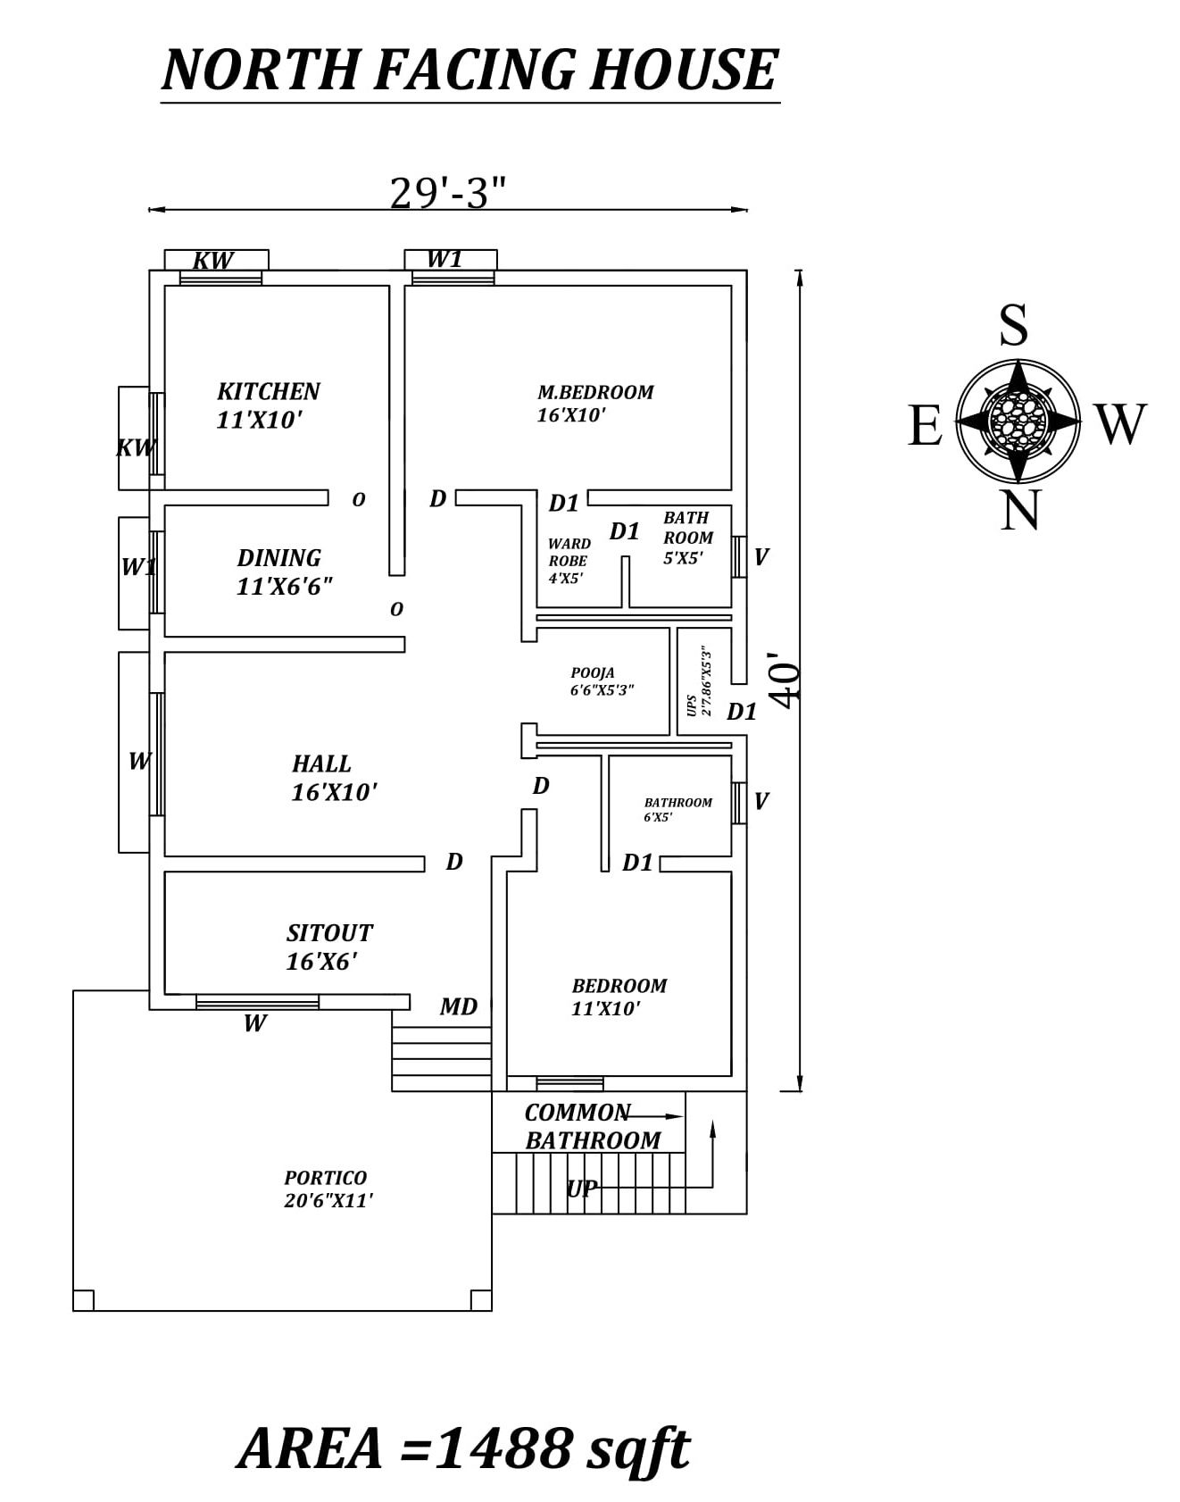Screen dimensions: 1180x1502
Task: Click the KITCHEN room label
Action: [268, 392]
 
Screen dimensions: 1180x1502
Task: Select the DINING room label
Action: [278, 558]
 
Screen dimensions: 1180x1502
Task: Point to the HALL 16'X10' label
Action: [333, 778]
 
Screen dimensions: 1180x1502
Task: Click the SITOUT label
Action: [328, 933]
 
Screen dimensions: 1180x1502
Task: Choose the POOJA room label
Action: [593, 673]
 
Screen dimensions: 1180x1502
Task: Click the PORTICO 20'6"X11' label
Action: [328, 1189]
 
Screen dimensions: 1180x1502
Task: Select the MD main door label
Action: [459, 1006]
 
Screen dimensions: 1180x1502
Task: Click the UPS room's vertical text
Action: [700, 684]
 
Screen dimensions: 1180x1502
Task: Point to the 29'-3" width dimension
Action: [447, 192]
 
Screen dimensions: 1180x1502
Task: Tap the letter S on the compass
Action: [1013, 324]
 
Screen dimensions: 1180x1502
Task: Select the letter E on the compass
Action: [925, 425]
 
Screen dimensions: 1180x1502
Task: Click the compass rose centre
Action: [1018, 421]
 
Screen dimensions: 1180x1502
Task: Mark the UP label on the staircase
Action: [581, 1189]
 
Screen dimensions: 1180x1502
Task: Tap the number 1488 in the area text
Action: [503, 1448]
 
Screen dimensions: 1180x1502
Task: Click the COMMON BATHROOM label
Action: [592, 1127]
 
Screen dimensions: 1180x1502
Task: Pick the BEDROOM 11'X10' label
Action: [619, 997]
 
